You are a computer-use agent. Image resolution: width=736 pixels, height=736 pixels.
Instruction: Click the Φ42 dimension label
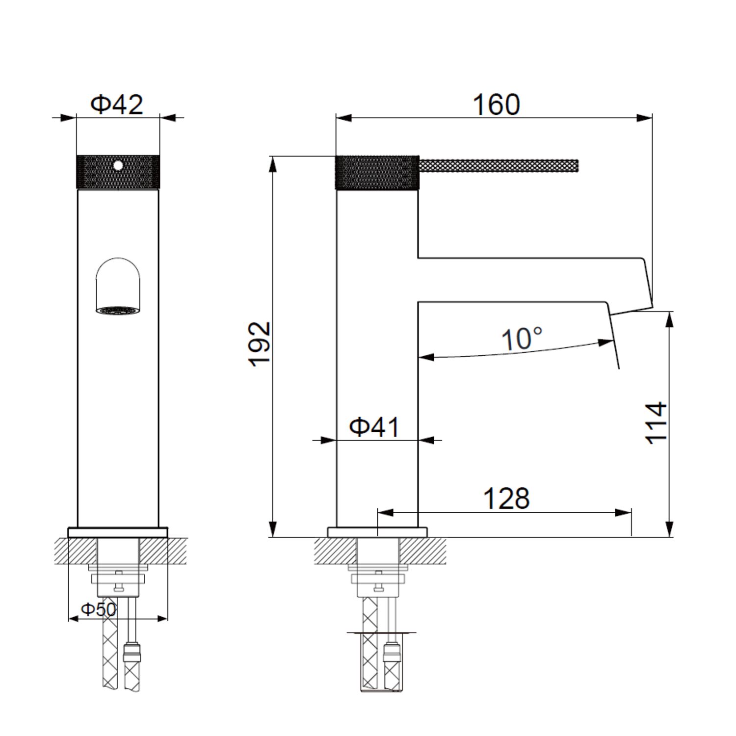117,104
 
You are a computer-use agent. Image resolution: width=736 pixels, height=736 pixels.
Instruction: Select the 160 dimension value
496,105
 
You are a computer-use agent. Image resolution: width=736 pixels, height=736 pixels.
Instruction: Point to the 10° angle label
522,339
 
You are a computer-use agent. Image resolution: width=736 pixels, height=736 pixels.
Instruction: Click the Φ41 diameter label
374,427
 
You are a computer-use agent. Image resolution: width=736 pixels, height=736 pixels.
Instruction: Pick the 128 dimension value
506,499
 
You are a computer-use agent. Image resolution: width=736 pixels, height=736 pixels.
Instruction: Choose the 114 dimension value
657,423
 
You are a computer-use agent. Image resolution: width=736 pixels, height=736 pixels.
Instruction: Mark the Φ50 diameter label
99,609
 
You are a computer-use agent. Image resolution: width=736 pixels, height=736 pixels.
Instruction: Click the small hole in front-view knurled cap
118,165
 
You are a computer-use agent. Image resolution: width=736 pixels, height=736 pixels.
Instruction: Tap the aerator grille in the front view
118,311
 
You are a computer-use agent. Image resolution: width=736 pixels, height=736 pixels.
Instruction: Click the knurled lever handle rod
498,166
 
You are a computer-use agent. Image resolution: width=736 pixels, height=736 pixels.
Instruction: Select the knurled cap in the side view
377,172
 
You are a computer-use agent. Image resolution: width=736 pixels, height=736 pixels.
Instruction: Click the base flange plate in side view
377,532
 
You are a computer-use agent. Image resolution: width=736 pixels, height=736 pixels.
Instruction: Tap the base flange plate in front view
118,532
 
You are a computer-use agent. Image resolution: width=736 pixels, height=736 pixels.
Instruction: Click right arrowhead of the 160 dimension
645,118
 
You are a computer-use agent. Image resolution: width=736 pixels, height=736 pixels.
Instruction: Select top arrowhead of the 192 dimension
273,164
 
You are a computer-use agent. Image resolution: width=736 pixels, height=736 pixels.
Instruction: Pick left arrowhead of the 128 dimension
386,513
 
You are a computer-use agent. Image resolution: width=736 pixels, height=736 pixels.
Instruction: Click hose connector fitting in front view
132,652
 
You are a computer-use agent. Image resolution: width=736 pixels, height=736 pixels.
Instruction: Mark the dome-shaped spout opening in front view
118,282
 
